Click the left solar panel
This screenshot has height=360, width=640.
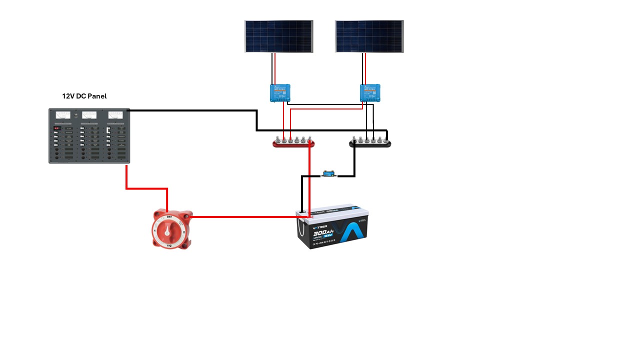[278, 36]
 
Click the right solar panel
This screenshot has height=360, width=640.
[369, 36]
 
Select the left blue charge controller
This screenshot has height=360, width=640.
[280, 93]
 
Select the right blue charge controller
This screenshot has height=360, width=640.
[370, 93]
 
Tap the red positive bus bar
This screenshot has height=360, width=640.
[293, 144]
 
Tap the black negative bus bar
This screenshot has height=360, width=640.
[370, 144]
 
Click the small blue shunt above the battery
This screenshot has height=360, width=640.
[328, 174]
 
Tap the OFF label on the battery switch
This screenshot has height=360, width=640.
[169, 216]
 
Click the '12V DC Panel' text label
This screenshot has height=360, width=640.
[84, 96]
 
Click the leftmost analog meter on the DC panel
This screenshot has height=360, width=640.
[62, 115]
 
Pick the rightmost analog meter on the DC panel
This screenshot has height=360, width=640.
[115, 115]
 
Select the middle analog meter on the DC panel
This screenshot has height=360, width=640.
[89, 115]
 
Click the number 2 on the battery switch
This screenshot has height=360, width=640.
[184, 232]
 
